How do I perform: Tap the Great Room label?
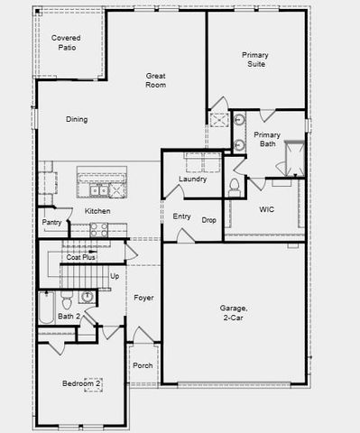pos(156,80)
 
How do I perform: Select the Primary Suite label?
pos(254,60)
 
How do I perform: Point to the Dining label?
pos(77,119)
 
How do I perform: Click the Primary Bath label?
pos(267,139)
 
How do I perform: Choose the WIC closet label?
pos(266,209)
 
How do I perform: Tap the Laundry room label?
pos(192,179)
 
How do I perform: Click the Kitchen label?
pos(97,211)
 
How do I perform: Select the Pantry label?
pos(51,222)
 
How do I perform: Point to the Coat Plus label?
pos(80,257)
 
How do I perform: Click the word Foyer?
pos(144,297)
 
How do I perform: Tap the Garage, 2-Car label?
pos(236,312)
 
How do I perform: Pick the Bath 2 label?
pos(69,316)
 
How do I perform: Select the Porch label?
pos(143,365)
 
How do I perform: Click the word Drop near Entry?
pos(208,219)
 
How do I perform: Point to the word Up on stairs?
pos(115,276)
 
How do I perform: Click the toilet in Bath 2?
pos(88,297)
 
